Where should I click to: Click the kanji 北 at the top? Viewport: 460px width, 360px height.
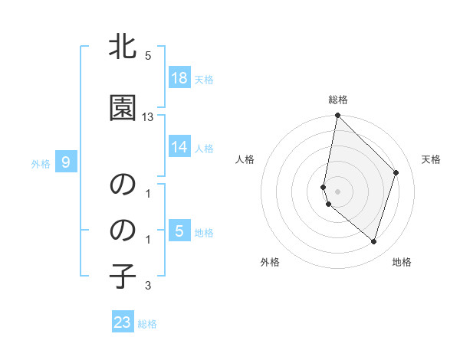123,47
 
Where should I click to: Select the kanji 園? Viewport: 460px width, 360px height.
123,108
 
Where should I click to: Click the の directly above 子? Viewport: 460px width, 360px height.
123,230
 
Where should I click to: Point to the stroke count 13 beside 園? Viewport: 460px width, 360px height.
148,117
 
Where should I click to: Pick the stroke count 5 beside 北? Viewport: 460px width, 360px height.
148,56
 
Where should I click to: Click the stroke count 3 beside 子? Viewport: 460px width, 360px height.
148,286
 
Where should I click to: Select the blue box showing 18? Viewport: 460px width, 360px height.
179,78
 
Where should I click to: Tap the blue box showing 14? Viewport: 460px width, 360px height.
179,147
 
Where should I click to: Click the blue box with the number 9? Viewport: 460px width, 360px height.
66,162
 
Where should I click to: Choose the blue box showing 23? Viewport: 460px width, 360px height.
123,322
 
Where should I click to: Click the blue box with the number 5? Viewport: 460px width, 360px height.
179,231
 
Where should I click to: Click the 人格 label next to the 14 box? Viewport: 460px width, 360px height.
204,148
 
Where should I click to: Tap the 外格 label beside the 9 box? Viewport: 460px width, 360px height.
41,163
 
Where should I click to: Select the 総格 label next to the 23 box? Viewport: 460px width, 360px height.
147,324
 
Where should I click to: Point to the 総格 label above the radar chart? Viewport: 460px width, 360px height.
338,100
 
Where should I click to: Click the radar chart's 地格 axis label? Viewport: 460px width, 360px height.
402,262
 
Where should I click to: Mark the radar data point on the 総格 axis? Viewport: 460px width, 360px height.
337,116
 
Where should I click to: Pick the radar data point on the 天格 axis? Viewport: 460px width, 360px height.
396,172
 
